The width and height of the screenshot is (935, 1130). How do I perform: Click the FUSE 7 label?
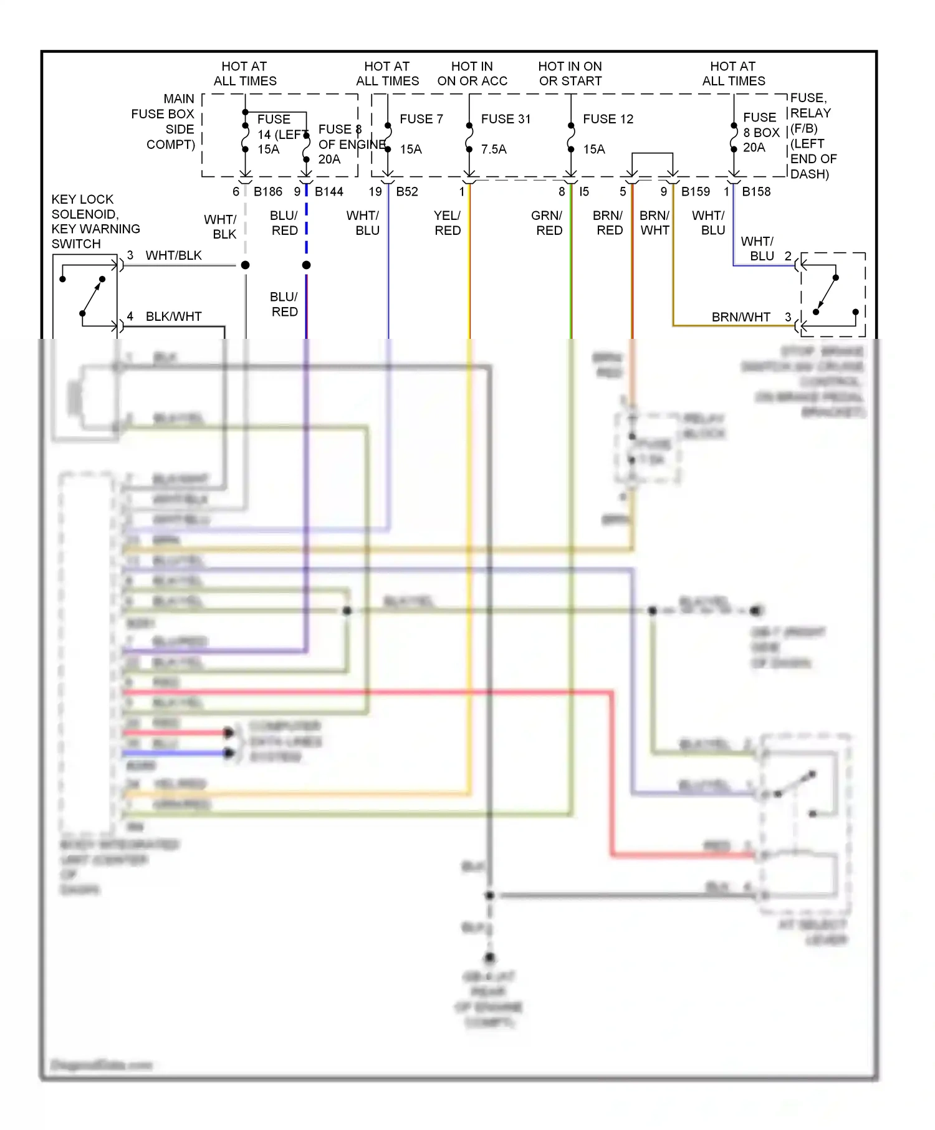(421, 119)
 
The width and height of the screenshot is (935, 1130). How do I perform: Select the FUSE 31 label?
(506, 119)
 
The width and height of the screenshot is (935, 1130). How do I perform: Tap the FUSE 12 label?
(608, 119)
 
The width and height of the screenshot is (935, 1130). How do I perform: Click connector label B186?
(267, 192)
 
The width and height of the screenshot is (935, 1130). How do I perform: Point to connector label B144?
(328, 192)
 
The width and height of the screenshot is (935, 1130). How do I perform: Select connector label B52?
(406, 192)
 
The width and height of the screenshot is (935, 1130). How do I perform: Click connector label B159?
(695, 192)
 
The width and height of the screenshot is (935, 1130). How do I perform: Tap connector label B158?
(755, 192)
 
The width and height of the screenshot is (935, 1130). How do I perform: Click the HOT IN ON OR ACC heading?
(472, 74)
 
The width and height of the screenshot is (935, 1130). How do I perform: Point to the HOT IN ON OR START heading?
(570, 74)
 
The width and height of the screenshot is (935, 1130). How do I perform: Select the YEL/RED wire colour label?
(448, 223)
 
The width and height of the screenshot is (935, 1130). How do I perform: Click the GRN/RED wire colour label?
(547, 223)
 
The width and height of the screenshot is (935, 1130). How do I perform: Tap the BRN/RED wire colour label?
(608, 223)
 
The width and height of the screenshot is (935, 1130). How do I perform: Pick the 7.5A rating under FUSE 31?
(493, 150)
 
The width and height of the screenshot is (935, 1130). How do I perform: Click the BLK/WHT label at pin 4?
(173, 316)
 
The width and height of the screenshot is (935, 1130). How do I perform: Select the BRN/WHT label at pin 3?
(741, 317)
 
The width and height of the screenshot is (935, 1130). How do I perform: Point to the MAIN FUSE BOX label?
(164, 121)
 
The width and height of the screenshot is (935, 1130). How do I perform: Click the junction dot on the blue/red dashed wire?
(306, 265)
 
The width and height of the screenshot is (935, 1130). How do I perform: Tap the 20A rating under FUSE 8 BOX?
(754, 148)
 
